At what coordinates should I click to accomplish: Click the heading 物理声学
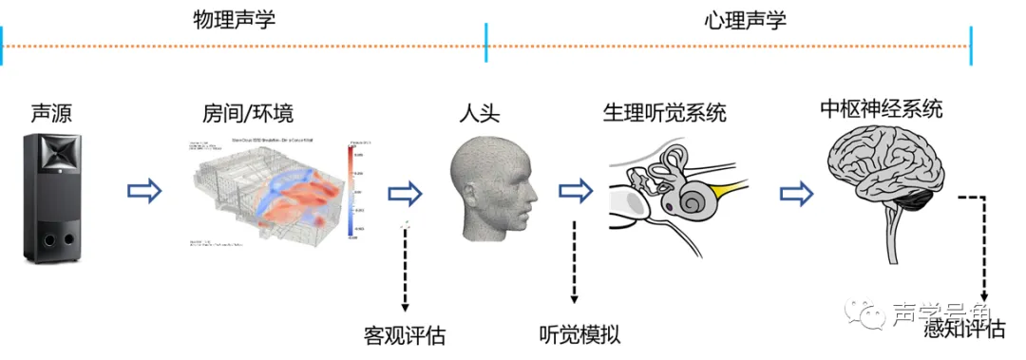click(x=234, y=20)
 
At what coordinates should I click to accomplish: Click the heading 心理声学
click(x=746, y=20)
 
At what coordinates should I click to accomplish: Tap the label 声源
click(x=51, y=115)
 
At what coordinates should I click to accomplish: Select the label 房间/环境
click(x=248, y=115)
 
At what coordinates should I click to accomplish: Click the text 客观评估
click(x=405, y=334)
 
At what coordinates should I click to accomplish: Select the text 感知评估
click(x=964, y=330)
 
